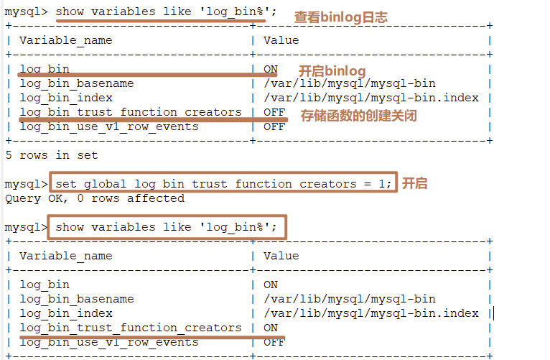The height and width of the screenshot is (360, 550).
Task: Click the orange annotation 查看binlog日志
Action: coord(340,17)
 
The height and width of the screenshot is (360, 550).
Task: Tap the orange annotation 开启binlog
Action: coord(332,71)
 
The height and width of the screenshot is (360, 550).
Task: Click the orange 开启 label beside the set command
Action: coord(414,183)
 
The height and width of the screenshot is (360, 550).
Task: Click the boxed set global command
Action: coord(223,184)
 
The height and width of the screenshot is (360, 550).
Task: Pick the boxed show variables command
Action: coord(166,227)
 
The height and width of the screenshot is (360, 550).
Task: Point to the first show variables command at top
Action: coord(166,11)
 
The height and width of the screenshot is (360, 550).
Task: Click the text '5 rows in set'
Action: coord(51,155)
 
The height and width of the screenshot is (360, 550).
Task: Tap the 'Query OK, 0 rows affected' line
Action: coord(94,198)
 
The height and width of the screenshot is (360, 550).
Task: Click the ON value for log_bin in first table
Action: coord(270,69)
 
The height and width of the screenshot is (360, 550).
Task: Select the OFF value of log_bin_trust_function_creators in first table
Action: coord(274,112)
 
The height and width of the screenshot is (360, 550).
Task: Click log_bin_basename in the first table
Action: coord(76,83)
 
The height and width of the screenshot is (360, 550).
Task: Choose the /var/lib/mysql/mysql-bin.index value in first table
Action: coord(370,98)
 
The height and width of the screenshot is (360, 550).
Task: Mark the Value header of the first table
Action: coord(281,40)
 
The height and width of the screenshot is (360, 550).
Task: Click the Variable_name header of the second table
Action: coord(65,256)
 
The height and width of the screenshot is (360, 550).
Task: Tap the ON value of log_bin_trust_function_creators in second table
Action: coord(270,328)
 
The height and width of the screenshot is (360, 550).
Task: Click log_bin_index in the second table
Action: coord(65,313)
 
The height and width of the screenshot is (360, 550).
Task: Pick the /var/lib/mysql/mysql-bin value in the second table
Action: coord(349,299)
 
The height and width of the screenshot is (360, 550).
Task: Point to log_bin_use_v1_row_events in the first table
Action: coord(108,126)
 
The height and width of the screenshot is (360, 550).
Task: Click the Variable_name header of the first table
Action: coord(65,40)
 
